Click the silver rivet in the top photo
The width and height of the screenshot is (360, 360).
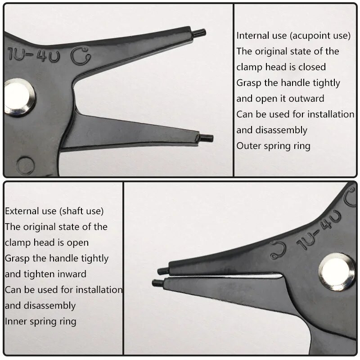(x=19, y=97)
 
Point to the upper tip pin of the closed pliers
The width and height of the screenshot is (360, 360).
(x=163, y=270)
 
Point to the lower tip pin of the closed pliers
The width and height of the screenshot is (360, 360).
(x=158, y=283)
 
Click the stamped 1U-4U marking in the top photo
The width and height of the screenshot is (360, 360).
(x=33, y=55)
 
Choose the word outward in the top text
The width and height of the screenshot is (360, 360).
(x=306, y=99)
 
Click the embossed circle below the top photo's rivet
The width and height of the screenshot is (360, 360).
(x=26, y=165)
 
